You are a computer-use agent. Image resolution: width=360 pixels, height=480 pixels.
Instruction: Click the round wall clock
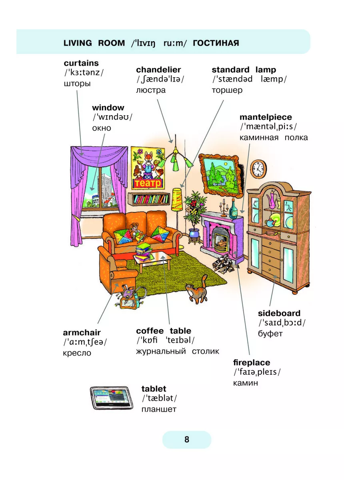click(x=258, y=169)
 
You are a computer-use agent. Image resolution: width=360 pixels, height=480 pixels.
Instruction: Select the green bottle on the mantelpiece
click(x=233, y=209)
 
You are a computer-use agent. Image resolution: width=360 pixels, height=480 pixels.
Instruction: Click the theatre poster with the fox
click(x=148, y=168)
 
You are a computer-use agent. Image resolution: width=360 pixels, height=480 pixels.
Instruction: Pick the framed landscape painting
click(x=220, y=175)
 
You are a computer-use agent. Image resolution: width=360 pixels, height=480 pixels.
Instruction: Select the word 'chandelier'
click(x=158, y=70)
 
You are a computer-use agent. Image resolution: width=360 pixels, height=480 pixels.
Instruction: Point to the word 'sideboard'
click(x=279, y=313)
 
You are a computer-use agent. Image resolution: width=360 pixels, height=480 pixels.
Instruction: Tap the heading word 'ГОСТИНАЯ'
click(x=216, y=43)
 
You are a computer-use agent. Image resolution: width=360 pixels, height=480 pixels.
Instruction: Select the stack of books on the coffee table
click(x=144, y=252)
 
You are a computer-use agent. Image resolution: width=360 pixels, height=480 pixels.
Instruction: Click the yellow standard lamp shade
click(x=177, y=200)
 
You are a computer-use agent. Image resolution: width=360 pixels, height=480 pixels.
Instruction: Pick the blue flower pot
click(x=194, y=233)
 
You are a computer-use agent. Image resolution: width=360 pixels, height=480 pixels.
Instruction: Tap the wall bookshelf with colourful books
click(x=149, y=199)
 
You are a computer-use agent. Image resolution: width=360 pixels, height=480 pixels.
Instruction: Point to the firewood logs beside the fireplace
click(x=223, y=264)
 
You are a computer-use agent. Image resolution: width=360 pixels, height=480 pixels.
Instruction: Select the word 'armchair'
click(x=82, y=332)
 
